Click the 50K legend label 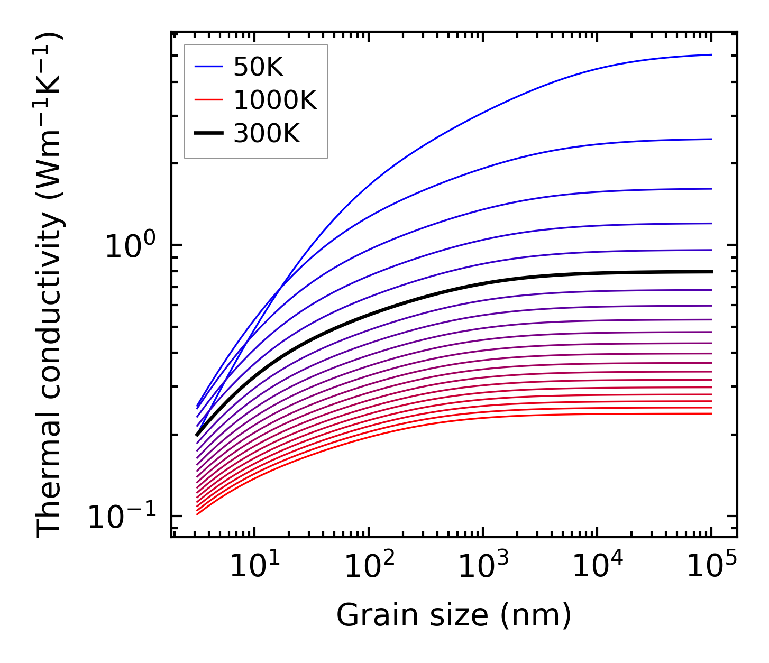(258, 67)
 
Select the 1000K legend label (275, 100)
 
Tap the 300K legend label (267, 133)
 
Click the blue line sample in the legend (209, 67)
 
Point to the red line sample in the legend (209, 100)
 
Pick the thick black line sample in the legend (209, 133)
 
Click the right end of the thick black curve (711, 272)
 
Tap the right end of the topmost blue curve (711, 54)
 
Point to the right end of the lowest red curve (711, 413)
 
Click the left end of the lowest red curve (197, 514)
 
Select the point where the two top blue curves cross (281, 289)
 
